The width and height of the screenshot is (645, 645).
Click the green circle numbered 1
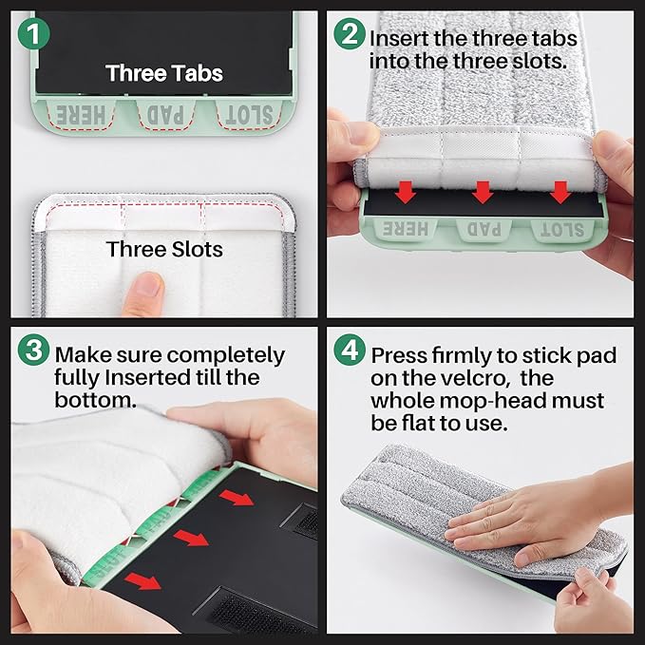[34, 34]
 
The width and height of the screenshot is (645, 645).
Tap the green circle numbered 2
[350, 34]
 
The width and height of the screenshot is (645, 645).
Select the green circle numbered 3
[34, 350]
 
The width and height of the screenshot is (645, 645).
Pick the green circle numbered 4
[350, 350]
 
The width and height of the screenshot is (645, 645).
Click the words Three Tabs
[164, 73]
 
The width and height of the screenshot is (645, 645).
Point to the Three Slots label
[164, 249]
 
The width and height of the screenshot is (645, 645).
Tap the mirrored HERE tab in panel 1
[80, 115]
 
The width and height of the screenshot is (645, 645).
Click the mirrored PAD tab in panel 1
[166, 115]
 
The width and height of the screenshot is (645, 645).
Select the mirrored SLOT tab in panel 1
[249, 115]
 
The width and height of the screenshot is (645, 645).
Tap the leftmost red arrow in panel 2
[406, 192]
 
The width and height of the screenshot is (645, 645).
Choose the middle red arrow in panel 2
[483, 192]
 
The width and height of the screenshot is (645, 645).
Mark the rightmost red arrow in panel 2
[560, 192]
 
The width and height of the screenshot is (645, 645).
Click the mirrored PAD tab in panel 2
[484, 229]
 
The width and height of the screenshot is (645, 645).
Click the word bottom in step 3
[95, 400]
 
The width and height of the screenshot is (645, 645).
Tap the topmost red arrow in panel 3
[237, 498]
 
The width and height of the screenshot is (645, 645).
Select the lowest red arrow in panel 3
[142, 580]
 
